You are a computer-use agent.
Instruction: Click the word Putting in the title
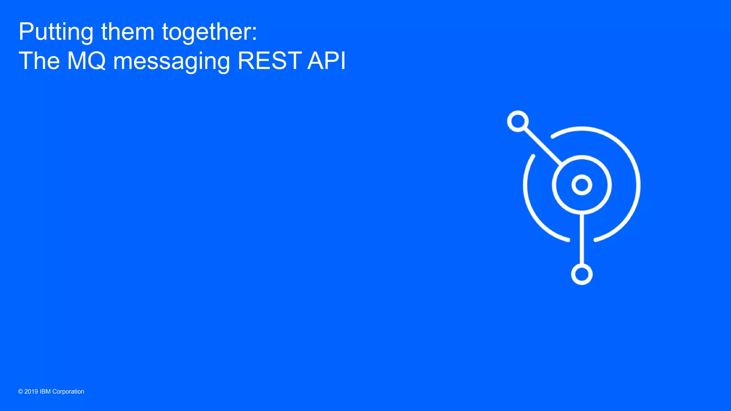56,32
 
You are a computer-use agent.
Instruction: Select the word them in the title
127,32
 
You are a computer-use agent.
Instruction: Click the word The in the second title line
39,61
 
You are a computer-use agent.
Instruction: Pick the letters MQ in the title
87,61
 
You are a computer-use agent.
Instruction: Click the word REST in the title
269,61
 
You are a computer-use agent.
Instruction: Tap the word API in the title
326,61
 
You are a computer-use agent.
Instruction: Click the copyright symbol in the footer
20,392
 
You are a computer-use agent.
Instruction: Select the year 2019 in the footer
31,392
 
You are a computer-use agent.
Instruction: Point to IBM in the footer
45,392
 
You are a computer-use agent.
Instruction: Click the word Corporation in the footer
68,392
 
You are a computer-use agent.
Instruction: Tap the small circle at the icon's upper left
518,121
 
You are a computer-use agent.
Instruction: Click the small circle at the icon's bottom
582,274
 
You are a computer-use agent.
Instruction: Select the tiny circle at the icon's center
582,185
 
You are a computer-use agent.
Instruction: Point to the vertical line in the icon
582,239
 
